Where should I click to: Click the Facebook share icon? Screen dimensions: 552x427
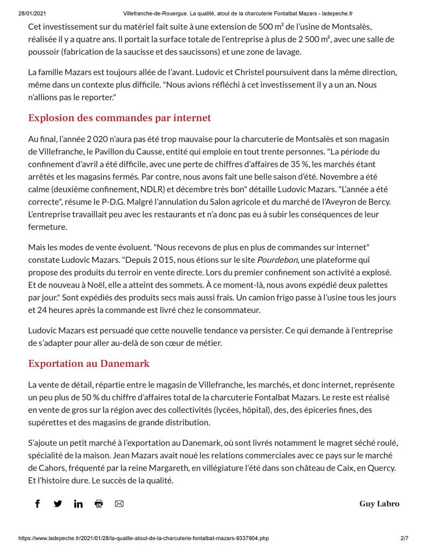pyautogui.click(x=37, y=503)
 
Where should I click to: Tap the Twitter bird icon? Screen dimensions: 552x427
pyautogui.click(x=58, y=503)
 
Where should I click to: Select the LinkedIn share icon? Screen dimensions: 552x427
pyautogui.click(x=78, y=503)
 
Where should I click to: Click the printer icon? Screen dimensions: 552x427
pyautogui.click(x=99, y=503)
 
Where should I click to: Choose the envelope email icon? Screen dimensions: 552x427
pyautogui.click(x=119, y=503)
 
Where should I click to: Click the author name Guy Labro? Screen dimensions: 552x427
pyautogui.click(x=379, y=503)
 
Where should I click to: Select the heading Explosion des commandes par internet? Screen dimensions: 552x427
pyautogui.click(x=119, y=118)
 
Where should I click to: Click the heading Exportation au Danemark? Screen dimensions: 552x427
pyautogui.click(x=89, y=363)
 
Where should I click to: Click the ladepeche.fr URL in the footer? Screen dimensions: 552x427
pyautogui.click(x=144, y=538)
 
